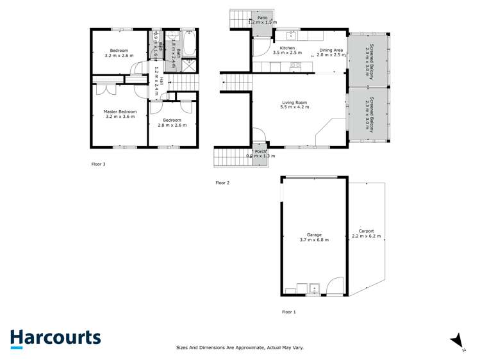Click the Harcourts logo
coord(55,338)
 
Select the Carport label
coord(367,231)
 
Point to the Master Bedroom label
coord(119,111)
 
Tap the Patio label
coord(262,18)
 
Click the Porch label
coord(260,151)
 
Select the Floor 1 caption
coord(289,312)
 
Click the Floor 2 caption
coord(222,183)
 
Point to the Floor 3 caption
coord(98,164)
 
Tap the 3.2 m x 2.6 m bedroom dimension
coord(119,56)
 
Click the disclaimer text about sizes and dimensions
coord(240,348)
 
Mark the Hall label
coord(161,81)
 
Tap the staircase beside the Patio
coord(240,19)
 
